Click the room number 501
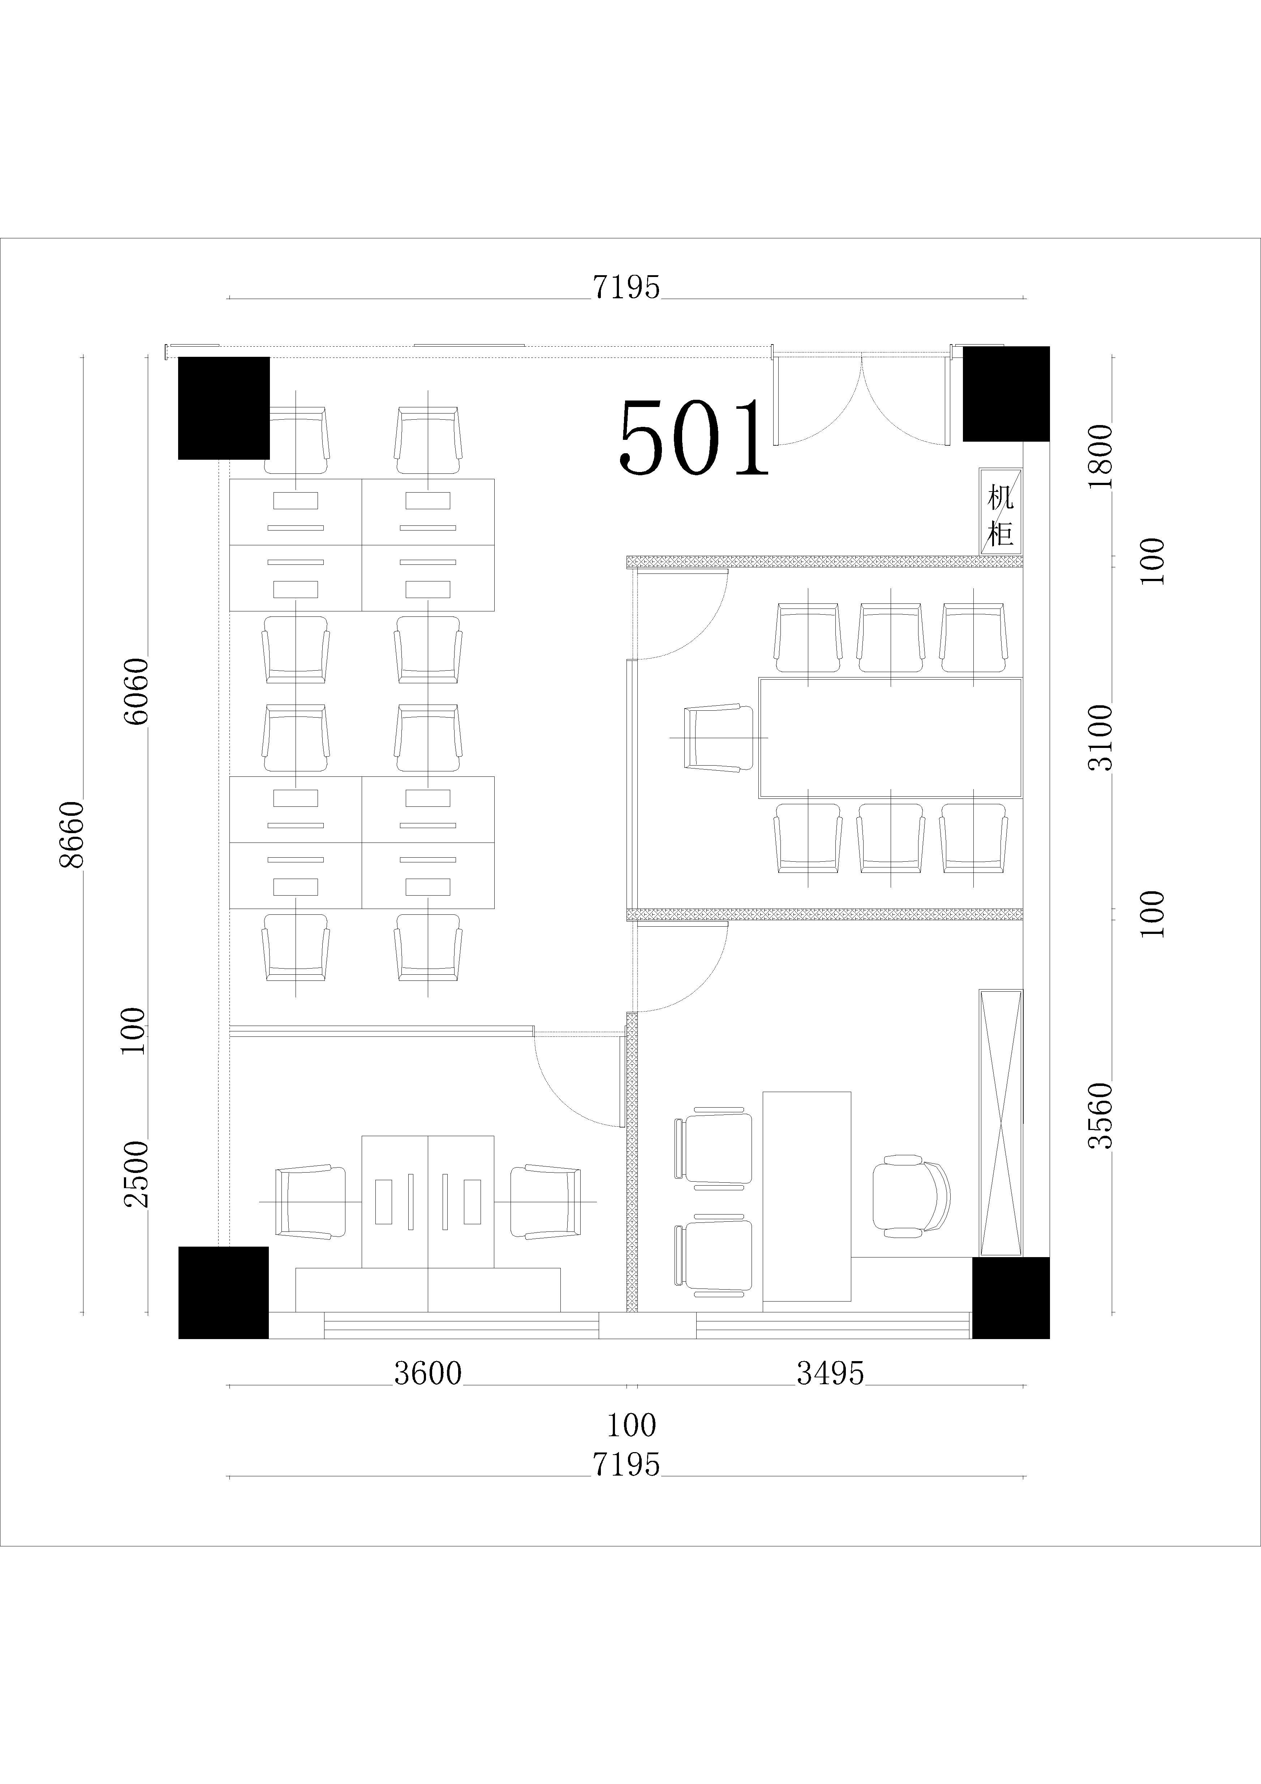click(693, 437)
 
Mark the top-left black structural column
click(224, 408)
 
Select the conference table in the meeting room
click(890, 737)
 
